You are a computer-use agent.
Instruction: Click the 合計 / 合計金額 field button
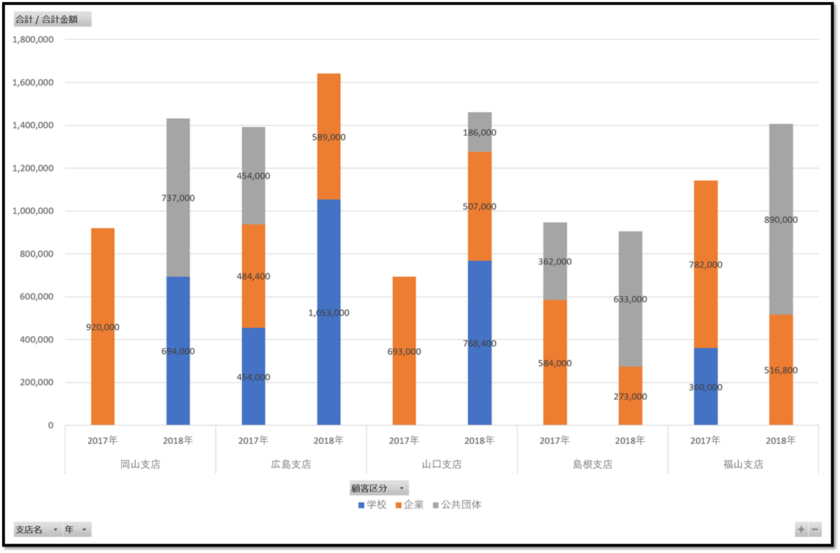pyautogui.click(x=52, y=19)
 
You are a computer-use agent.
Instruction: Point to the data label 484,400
pyautogui.click(x=253, y=277)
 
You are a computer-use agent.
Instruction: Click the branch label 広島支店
pyautogui.click(x=290, y=464)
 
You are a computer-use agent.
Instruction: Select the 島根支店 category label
pyautogui.click(x=592, y=464)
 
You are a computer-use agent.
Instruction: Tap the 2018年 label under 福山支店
pyautogui.click(x=780, y=441)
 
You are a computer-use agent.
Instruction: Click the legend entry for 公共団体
pyautogui.click(x=456, y=505)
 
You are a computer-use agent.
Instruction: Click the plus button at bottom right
pyautogui.click(x=801, y=530)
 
